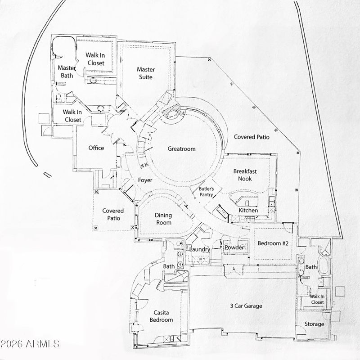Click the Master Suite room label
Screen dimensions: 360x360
coord(145,73)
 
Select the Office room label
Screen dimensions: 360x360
coord(96,148)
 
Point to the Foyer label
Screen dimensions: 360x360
coord(145,180)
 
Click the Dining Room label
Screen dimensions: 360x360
coord(163,219)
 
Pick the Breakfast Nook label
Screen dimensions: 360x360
coord(245,175)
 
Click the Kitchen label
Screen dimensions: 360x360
coord(248,210)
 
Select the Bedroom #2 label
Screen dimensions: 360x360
coord(273,243)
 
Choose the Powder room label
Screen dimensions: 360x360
coord(234,247)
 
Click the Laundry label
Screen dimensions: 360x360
coord(200,249)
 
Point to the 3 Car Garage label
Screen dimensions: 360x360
coord(246,306)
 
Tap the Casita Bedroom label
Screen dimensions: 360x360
coord(161,316)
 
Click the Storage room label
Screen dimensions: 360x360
coord(314,324)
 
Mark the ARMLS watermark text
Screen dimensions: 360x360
coord(30,344)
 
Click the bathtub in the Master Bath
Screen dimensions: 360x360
coord(63,46)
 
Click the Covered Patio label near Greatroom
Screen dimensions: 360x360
coord(251,137)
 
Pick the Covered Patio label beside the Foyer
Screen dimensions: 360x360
coord(113,214)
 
